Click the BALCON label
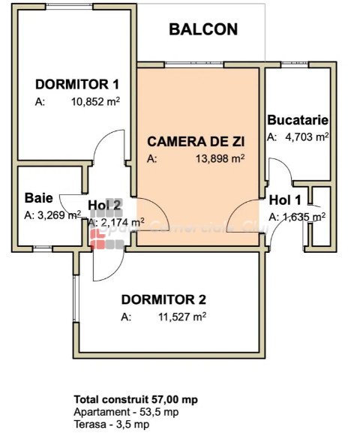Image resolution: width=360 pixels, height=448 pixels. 203,30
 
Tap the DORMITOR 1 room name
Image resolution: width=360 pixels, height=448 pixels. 77,85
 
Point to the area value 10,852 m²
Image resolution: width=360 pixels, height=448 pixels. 95,101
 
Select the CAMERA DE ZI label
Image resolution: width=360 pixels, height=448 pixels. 196,142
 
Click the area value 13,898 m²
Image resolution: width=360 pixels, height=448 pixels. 220,158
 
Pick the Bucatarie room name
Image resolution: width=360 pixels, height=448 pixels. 298,120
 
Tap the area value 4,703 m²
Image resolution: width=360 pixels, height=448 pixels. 307,137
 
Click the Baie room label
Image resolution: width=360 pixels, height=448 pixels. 39,198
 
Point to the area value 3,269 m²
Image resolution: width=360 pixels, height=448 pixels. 59,215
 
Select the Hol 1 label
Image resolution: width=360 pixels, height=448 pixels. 285,200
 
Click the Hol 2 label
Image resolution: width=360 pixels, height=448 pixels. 104,205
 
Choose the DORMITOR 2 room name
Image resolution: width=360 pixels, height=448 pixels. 163,299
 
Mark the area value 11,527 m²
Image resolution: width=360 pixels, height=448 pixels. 182,317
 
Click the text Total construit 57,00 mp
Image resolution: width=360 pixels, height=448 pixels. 136,399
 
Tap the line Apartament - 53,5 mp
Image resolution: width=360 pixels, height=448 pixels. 126,412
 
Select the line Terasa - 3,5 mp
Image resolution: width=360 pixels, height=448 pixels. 111,424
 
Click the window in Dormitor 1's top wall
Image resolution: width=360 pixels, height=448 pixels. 69,8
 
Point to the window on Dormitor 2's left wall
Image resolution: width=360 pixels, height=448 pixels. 76,299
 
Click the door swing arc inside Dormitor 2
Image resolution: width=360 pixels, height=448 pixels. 115,272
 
